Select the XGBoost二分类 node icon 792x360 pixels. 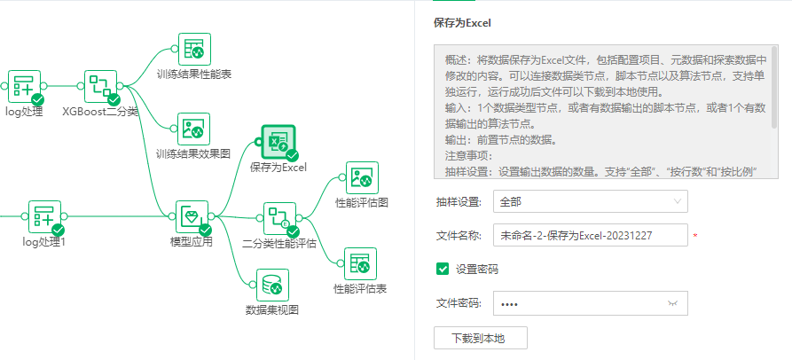pyautogui.click(x=101, y=87)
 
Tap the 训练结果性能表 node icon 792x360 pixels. pyautogui.click(x=194, y=50)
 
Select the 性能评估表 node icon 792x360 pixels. pyautogui.click(x=361, y=263)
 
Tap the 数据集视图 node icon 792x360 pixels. pyautogui.click(x=271, y=286)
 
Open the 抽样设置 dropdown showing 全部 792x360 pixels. pyautogui.click(x=590, y=201)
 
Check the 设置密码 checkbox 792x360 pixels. pyautogui.click(x=442, y=270)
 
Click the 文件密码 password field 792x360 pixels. pyautogui.click(x=576, y=303)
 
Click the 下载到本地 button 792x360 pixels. pyautogui.click(x=481, y=338)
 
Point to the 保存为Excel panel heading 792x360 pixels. pyautogui.click(x=462, y=23)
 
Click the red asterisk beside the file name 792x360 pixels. pyautogui.click(x=694, y=237)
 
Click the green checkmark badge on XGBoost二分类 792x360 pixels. pyautogui.click(x=113, y=99)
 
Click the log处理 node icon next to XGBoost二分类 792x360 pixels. pyautogui.click(x=24, y=87)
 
